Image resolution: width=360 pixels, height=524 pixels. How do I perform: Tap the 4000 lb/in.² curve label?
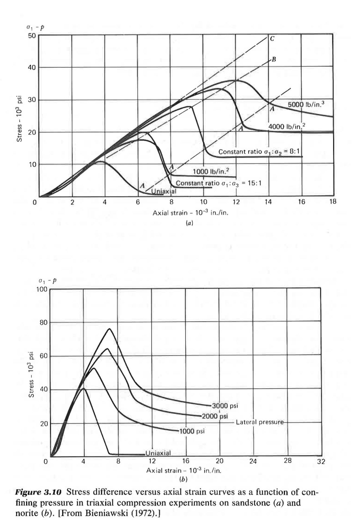286,127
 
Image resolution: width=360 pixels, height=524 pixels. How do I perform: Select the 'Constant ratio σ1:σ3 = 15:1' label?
219,183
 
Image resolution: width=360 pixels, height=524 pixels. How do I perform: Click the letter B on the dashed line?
274,59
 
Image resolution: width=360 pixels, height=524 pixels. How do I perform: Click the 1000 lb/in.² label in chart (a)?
211,171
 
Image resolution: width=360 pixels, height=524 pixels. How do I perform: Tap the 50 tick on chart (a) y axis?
31,36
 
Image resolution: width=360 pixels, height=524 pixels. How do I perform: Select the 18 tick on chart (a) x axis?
333,202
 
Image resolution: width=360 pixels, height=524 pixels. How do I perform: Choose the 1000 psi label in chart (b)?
192,431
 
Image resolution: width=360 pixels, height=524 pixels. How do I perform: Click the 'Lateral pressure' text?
260,422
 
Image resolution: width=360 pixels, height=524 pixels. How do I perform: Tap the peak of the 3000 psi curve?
109,329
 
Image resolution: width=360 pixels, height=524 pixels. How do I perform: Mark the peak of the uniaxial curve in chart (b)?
83,388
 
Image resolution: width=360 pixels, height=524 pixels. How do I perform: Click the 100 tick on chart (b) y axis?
42,289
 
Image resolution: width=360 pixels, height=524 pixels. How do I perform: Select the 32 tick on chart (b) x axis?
321,462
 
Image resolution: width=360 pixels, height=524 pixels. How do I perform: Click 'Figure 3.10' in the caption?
38,492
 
